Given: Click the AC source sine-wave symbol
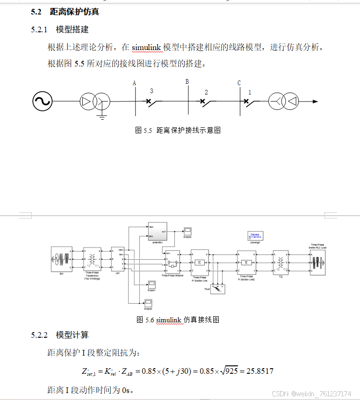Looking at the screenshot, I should tap(42, 102).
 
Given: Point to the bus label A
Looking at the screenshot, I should tap(134, 83).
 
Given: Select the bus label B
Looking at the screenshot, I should tap(187, 82).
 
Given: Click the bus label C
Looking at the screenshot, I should tap(239, 83).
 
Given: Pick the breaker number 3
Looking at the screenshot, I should tap(151, 91).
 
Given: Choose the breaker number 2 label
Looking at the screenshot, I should tap(206, 92).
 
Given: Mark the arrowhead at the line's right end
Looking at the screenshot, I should tap(316, 102).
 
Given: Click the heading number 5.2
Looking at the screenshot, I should tap(37, 12).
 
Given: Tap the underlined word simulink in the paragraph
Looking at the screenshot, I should tap(146, 48).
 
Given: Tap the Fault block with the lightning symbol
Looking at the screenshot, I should tap(217, 289).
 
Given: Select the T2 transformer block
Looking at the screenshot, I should tap(281, 262).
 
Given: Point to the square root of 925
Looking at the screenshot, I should tap(230, 371).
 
